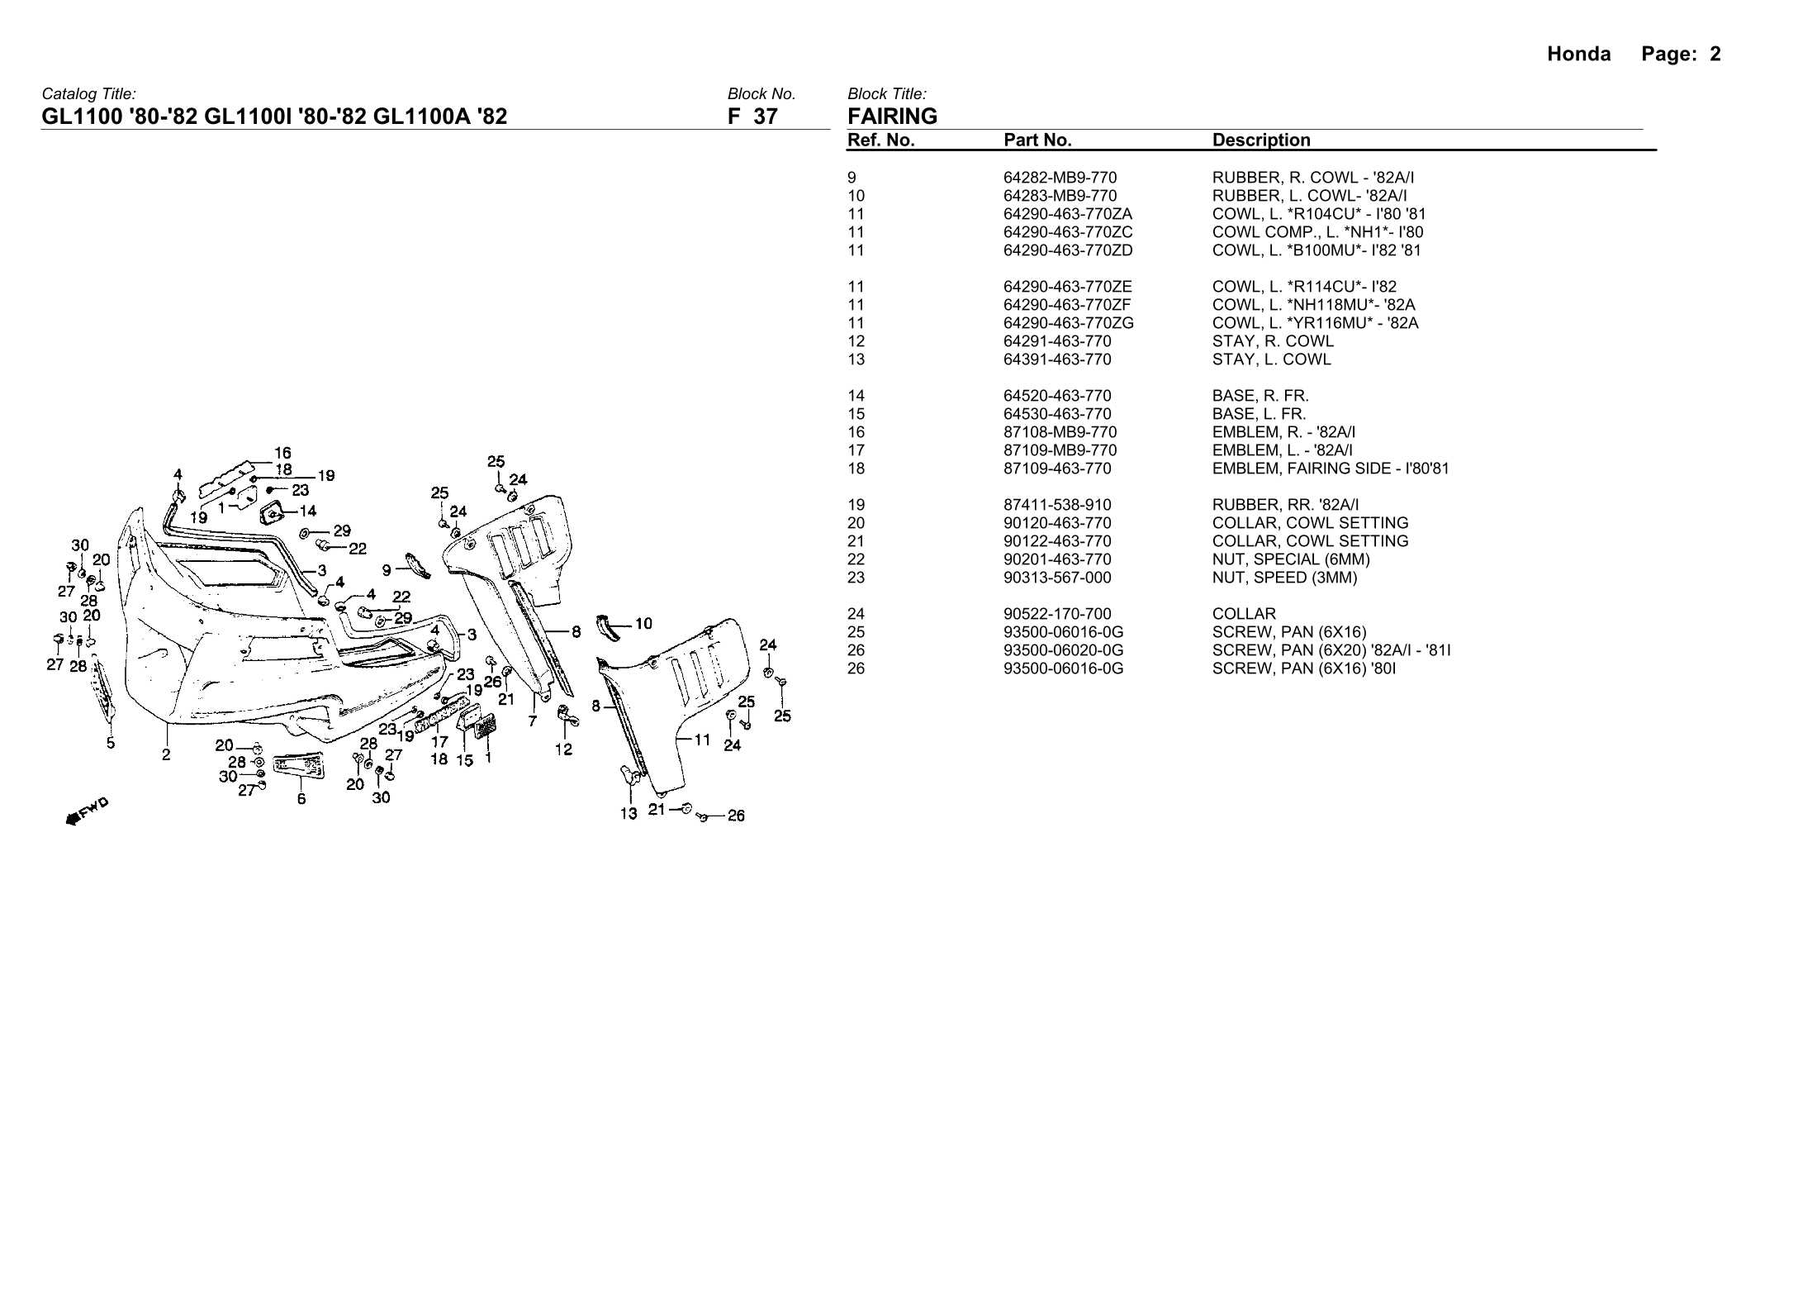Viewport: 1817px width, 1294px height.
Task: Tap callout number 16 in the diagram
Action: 282,453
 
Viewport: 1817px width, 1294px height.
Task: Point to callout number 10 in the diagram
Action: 644,624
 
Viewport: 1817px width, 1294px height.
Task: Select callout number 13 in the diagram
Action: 629,814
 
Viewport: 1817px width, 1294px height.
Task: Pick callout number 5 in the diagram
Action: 111,743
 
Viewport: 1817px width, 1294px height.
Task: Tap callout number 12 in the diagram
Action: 563,750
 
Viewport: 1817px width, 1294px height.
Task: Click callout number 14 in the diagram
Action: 306,511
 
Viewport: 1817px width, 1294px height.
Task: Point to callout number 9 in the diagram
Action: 387,569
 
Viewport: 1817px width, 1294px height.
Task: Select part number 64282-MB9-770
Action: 1060,178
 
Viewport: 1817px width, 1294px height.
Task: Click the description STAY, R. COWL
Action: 1272,341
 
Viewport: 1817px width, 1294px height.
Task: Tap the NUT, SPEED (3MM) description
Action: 1284,578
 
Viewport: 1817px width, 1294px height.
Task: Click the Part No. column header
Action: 1037,140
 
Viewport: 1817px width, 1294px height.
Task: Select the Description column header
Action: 1261,140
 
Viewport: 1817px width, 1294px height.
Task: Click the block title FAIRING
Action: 892,117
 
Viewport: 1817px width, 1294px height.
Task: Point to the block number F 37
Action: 752,117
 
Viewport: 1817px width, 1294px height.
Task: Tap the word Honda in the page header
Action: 1578,55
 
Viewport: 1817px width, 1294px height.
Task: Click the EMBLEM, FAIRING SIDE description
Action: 1330,469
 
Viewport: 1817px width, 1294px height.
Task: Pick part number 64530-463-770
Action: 1057,414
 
